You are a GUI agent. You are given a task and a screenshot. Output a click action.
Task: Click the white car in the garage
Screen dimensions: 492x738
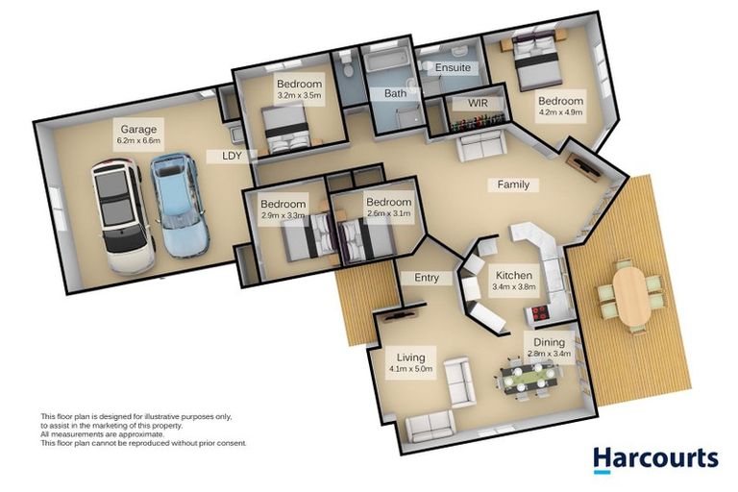click(x=122, y=217)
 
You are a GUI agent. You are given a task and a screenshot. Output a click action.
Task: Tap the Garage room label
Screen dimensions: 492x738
click(x=138, y=129)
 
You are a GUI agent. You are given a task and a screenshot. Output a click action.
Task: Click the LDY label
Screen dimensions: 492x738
click(x=232, y=155)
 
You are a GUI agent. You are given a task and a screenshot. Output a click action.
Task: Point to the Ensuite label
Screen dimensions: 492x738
click(x=453, y=68)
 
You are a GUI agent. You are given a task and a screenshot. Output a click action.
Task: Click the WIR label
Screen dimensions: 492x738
click(x=479, y=102)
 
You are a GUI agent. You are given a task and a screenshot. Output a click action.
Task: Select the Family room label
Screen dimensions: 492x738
click(x=512, y=184)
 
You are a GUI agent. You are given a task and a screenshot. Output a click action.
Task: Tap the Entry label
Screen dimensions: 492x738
click(x=427, y=278)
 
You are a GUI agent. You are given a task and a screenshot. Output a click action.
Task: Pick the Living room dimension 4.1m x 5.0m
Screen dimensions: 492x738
click(x=411, y=369)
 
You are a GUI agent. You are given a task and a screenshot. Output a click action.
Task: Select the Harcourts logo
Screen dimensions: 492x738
click(x=654, y=457)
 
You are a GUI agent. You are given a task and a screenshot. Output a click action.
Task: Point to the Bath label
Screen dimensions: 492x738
click(x=395, y=93)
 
